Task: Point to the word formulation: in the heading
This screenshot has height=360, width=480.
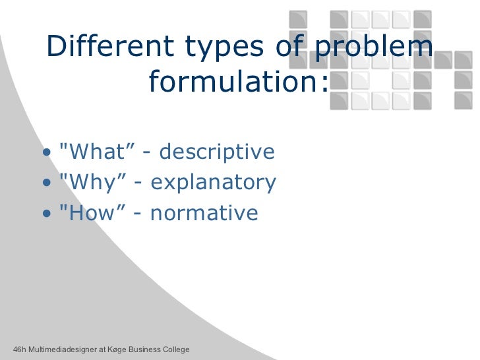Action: pyautogui.click(x=238, y=82)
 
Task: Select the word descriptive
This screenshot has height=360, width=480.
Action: pyautogui.click(x=217, y=152)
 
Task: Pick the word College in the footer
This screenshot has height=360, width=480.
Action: pyautogui.click(x=175, y=349)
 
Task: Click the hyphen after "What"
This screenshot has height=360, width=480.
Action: pyautogui.click(x=146, y=153)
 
